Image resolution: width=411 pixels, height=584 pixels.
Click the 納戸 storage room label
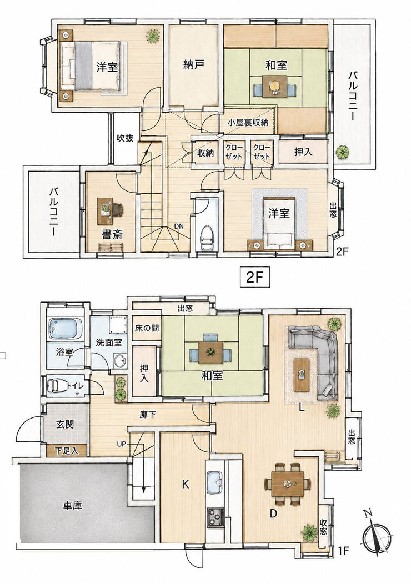(x=194, y=65)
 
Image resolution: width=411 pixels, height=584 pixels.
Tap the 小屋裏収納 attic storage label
(x=248, y=123)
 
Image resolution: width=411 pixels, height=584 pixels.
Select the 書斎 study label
(x=112, y=234)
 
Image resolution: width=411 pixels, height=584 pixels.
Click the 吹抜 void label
(x=124, y=138)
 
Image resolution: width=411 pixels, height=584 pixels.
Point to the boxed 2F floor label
(x=254, y=276)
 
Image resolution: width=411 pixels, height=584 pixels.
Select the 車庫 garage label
(x=72, y=505)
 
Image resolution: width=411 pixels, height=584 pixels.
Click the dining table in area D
(x=287, y=484)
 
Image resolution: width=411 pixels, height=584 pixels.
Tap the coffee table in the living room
(x=302, y=374)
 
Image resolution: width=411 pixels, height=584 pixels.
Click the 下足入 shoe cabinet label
(x=67, y=451)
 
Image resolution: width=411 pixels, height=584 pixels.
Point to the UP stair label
(x=122, y=444)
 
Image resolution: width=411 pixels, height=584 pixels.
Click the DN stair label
(x=179, y=226)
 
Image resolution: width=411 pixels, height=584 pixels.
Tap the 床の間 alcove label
(x=147, y=328)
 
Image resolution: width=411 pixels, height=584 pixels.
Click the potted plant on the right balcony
(x=342, y=152)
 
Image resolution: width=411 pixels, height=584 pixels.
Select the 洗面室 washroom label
(x=109, y=343)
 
